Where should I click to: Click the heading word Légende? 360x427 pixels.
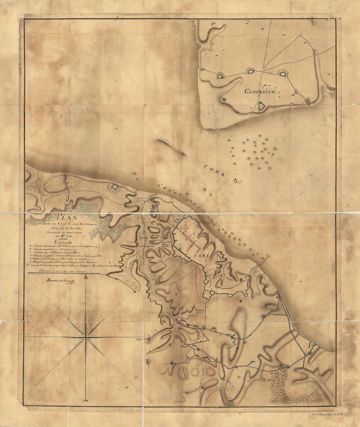63,242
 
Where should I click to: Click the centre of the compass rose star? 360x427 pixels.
86,336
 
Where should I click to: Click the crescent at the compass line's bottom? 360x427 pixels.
86,401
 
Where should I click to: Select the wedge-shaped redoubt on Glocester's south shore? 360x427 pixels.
261,106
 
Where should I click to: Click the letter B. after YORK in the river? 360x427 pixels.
237,181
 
